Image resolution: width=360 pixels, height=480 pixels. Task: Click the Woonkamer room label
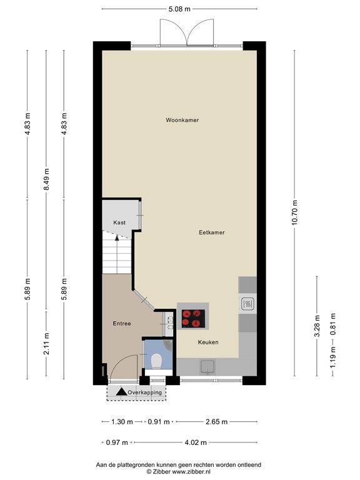(182, 120)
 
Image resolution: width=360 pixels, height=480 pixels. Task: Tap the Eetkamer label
(211, 232)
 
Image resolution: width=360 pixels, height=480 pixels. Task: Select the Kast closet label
(119, 222)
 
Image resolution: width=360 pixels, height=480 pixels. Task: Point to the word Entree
(121, 324)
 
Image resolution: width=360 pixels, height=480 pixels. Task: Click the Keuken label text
(207, 342)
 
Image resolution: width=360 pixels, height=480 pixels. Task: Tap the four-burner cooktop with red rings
(194, 319)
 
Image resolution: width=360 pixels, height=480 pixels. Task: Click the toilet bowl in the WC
(157, 361)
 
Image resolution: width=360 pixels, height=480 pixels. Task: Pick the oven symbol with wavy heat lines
(247, 304)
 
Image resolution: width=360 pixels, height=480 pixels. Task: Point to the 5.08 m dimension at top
(179, 9)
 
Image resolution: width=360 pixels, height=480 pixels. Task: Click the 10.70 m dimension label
(295, 213)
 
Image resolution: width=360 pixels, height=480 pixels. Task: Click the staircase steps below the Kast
(117, 255)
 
